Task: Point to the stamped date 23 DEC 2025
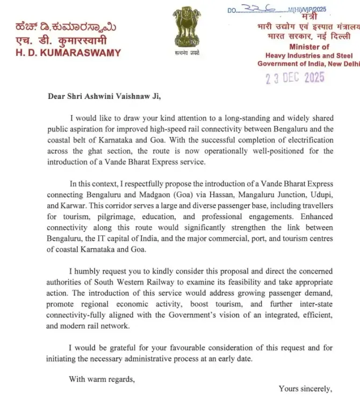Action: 295,78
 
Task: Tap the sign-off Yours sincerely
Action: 305,388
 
